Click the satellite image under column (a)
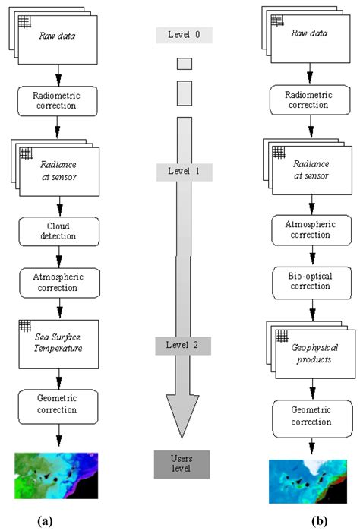(x=58, y=476)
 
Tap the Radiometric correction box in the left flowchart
(x=58, y=100)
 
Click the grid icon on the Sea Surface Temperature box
(x=25, y=326)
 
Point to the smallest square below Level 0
(x=184, y=64)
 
